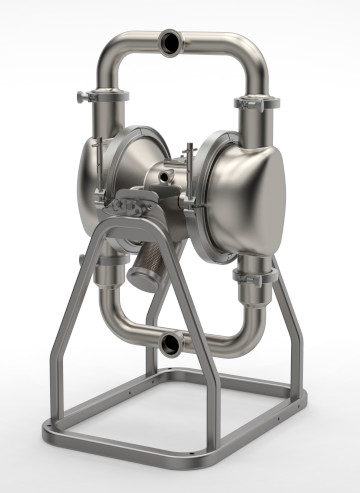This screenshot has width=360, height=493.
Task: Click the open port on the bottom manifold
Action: tap(170, 345)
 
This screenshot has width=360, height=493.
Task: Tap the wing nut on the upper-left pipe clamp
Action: tap(81, 96)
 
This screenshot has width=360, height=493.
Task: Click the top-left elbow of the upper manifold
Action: tap(112, 50)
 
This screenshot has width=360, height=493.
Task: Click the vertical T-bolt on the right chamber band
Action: tap(189, 160)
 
